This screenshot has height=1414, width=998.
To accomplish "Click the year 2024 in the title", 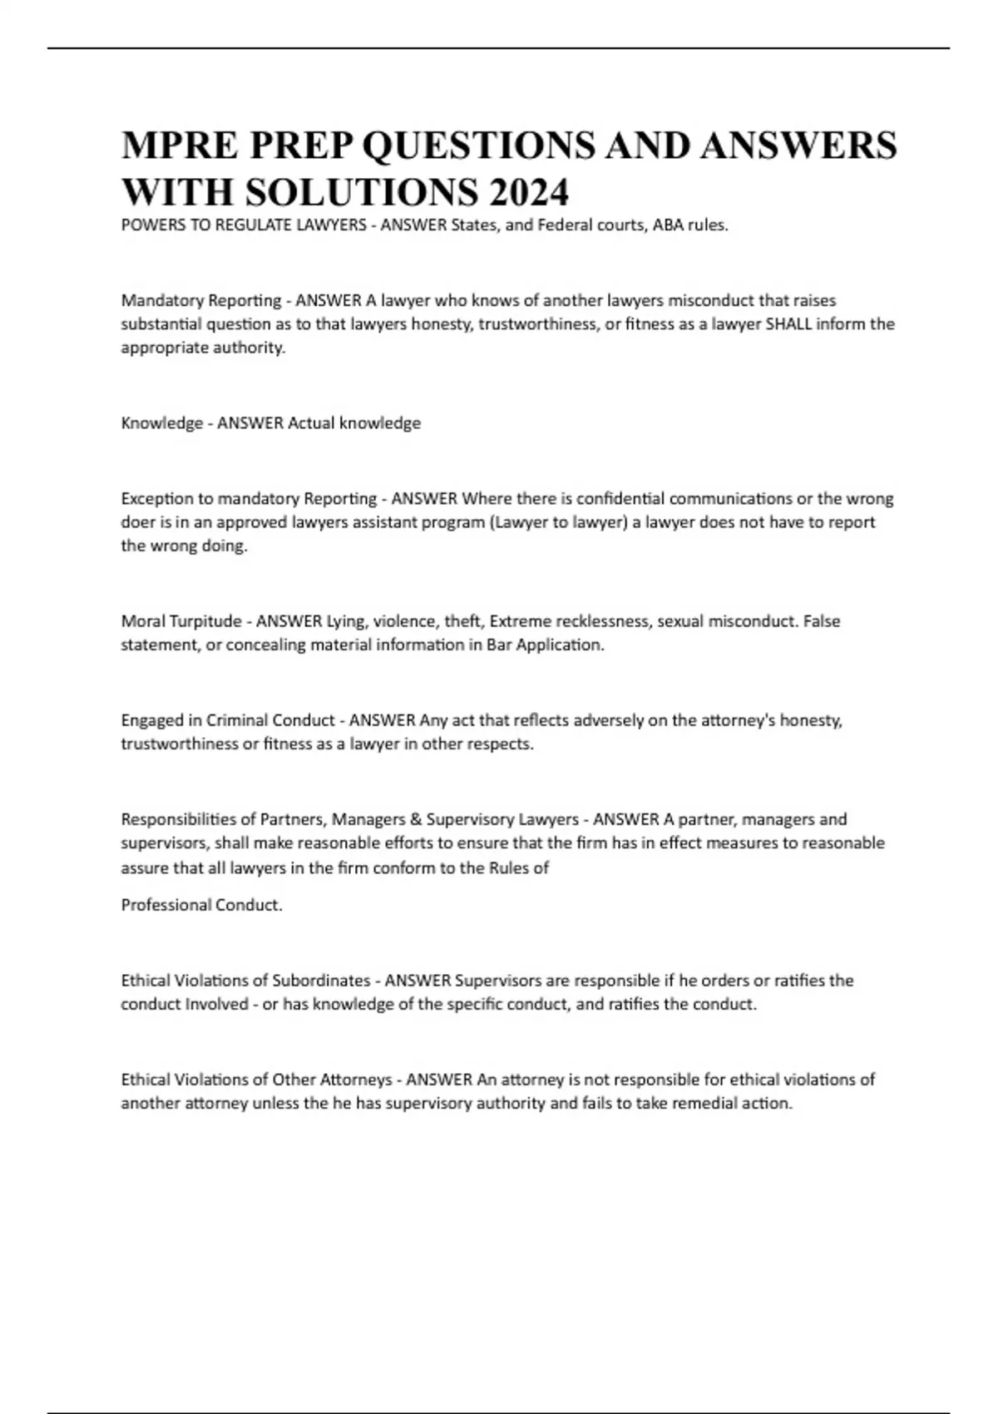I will (x=529, y=192).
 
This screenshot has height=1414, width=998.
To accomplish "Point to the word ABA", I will (x=669, y=225).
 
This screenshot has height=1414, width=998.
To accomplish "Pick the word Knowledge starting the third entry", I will (x=162, y=423).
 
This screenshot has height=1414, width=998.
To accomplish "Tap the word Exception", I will (x=156, y=498).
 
